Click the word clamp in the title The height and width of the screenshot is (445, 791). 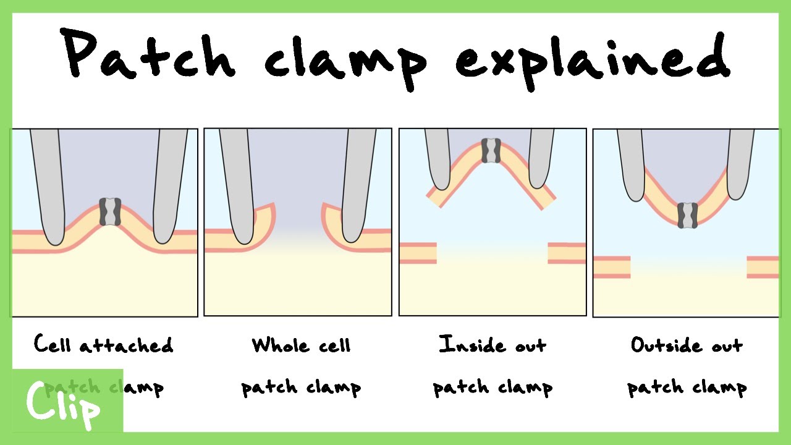[x=346, y=59]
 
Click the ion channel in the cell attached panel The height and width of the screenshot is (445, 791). [x=109, y=212]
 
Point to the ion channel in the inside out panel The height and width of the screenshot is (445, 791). [x=491, y=150]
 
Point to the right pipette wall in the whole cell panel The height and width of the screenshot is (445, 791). [x=358, y=185]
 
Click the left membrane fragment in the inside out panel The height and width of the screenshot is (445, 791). [x=418, y=253]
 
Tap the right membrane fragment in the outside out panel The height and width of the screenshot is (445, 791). [x=763, y=267]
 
